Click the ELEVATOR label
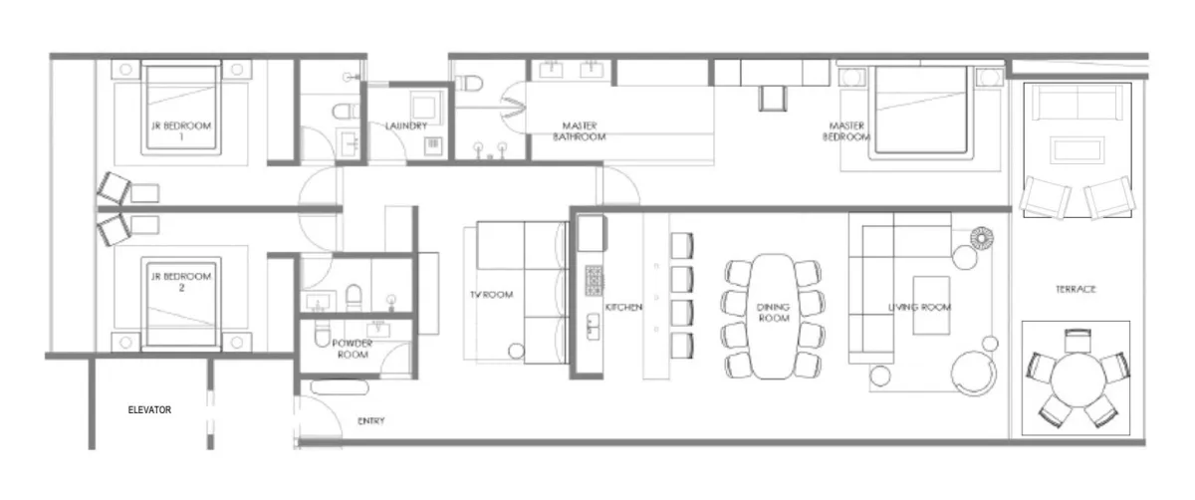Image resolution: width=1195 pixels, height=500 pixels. point(149,409)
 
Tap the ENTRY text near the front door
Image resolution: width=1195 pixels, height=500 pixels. point(370,421)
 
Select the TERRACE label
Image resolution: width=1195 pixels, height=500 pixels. point(1075,289)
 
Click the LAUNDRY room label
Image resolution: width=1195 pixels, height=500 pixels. point(406,125)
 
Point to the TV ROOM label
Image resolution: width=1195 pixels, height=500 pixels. point(491,295)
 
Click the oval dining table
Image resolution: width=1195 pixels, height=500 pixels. point(773,317)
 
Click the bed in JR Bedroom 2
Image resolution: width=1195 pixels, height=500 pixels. point(181,304)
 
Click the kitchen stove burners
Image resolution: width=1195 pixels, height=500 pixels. point(594,280)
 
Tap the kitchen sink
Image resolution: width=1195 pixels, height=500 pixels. point(593,327)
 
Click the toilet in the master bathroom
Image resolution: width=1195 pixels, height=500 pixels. point(469,84)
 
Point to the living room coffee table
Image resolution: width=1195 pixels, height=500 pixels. point(931,305)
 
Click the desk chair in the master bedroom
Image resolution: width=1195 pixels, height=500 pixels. point(772,99)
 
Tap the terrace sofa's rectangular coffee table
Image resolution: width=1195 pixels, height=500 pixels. point(1077,150)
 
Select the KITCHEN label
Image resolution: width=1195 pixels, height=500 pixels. point(623,308)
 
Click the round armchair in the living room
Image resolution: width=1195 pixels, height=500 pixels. point(974,373)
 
